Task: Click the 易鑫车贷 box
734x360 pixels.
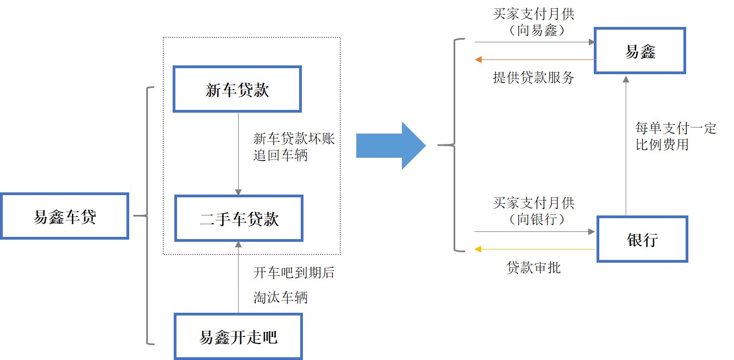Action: pos(64,216)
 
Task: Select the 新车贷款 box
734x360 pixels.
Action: pos(237,90)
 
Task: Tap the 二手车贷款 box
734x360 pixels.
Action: pos(239,218)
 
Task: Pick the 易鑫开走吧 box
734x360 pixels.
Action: pos(238,336)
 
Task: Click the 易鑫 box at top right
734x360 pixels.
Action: pos(641,51)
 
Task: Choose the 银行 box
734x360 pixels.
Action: pos(642,239)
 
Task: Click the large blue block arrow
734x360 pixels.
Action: pos(391,146)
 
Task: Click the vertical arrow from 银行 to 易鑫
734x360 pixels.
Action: pos(625,146)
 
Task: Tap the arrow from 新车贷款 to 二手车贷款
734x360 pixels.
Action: pos(238,154)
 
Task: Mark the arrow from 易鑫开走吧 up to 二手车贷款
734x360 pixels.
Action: pos(238,278)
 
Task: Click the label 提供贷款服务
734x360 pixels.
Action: pos(533,77)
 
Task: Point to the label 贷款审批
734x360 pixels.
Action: pos(533,268)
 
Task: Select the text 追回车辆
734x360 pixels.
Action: pos(280,155)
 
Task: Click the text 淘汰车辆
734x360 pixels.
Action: pos(280,297)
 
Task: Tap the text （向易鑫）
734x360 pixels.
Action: pos(533,31)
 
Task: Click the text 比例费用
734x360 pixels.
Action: pos(662,146)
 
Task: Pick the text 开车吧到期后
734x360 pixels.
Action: pos(294,273)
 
